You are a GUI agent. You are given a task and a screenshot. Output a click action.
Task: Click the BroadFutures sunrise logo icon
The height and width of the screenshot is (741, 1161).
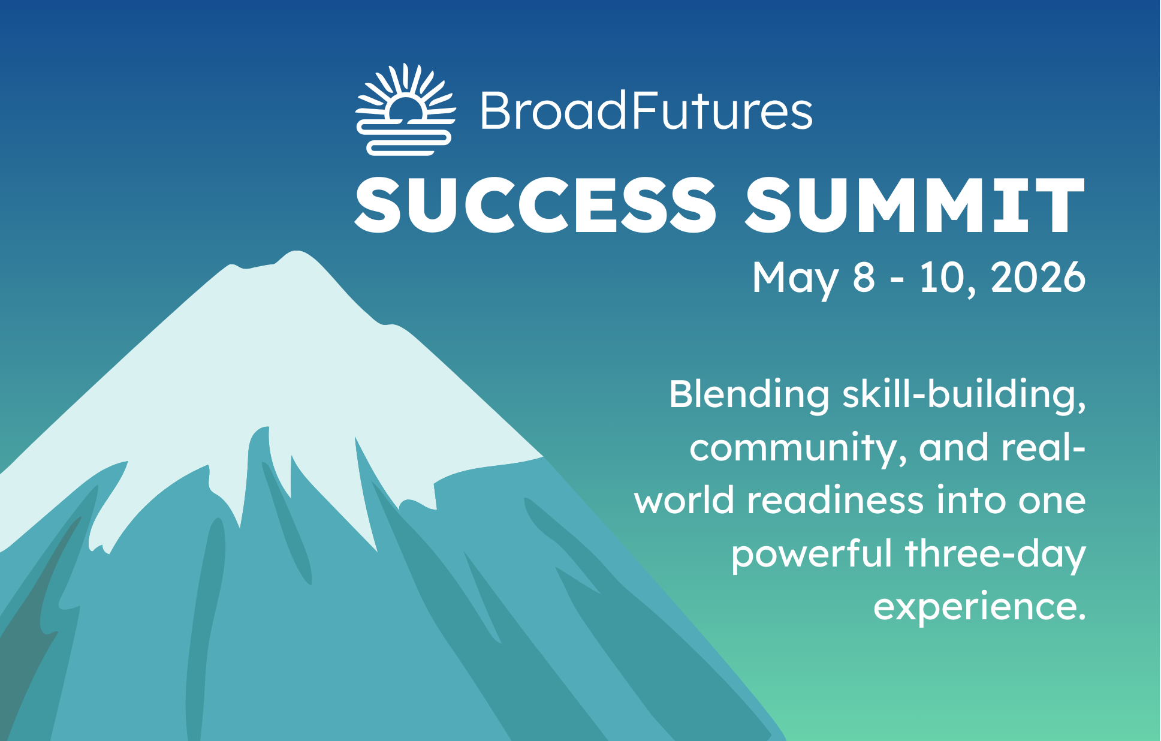click(405, 110)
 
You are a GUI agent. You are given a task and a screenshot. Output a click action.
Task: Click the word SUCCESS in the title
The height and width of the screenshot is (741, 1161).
click(536, 204)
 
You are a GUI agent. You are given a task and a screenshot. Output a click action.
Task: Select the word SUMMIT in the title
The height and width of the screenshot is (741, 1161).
click(915, 204)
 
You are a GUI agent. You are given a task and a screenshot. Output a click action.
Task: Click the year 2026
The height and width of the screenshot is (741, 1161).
click(1038, 278)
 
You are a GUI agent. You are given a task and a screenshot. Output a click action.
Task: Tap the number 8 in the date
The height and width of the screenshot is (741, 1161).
click(864, 278)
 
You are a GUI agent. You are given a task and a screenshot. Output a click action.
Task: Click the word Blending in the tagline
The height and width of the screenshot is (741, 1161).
click(749, 396)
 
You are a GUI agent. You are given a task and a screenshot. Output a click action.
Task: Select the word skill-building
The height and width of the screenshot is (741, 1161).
click(964, 396)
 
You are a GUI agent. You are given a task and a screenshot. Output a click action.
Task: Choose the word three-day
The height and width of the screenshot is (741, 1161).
click(996, 555)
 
